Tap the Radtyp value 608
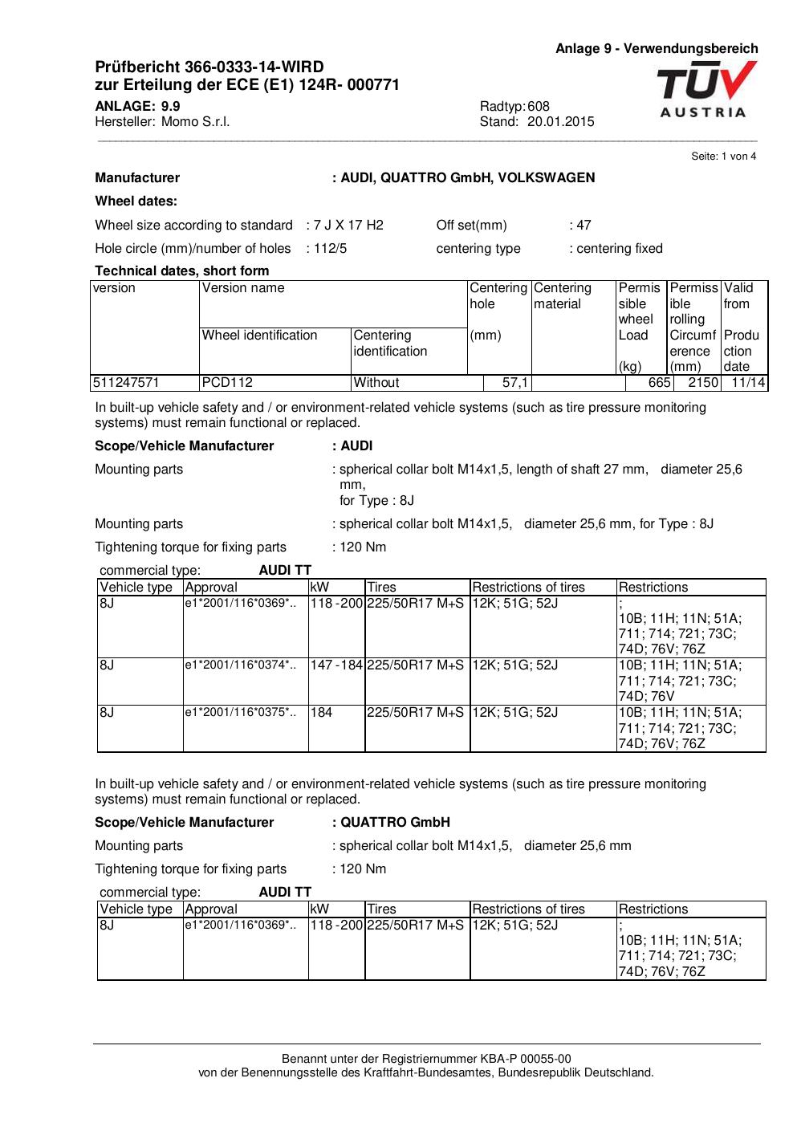[x=539, y=106]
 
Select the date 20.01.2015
[x=561, y=122]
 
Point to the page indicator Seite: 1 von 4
[x=723, y=157]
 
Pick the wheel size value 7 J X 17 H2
[x=348, y=225]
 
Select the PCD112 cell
[x=227, y=383]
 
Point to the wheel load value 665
[x=659, y=383]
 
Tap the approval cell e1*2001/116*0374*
[x=240, y=665]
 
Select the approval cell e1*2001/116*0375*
[x=240, y=712]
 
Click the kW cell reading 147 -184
[x=337, y=665]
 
